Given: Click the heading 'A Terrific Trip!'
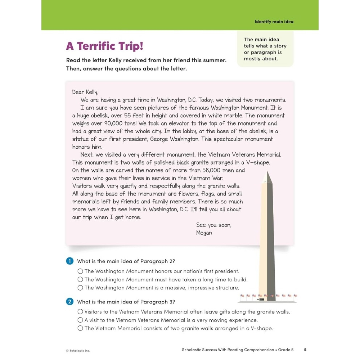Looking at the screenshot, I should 104,46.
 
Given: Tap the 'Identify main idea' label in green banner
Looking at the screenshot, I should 274,22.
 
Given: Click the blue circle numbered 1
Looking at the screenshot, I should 70,261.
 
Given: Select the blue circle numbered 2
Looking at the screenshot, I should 70,302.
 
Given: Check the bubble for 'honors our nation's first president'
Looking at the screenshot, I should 80,271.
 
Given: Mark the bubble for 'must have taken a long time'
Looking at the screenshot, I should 80,279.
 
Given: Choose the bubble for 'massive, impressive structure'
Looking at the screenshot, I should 80,288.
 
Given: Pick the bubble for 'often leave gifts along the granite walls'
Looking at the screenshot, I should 80,312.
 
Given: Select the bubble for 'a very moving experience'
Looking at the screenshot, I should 80,320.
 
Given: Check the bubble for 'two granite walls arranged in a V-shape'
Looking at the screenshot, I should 80,328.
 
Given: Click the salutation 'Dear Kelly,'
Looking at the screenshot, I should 85,92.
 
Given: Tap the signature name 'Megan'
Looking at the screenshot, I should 204,233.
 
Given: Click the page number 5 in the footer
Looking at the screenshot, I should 305,350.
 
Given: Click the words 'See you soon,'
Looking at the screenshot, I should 214,225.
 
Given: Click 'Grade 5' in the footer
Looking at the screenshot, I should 286,350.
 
